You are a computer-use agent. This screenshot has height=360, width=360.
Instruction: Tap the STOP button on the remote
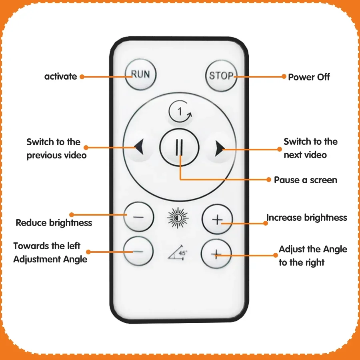pyautogui.click(x=221, y=76)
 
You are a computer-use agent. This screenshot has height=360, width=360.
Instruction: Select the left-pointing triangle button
pyautogui.click(x=139, y=146)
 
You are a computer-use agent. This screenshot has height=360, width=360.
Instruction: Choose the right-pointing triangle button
pyautogui.click(x=220, y=148)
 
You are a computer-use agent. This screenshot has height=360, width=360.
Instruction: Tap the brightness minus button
pyautogui.click(x=138, y=217)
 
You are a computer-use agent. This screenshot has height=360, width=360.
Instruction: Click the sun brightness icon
pyautogui.click(x=178, y=218)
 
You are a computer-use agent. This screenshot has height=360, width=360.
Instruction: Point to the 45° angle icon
pyautogui.click(x=178, y=252)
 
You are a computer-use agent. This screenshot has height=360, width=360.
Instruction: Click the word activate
pyautogui.click(x=61, y=76)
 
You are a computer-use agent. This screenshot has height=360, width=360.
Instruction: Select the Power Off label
pyautogui.click(x=309, y=77)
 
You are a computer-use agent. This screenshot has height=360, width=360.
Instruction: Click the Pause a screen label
pyautogui.click(x=306, y=180)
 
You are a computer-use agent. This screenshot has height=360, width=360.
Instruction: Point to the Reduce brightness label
pyautogui.click(x=54, y=223)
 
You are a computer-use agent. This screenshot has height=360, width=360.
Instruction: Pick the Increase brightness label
pyautogui.click(x=307, y=218)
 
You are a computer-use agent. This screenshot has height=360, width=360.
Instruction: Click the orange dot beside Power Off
pyautogui.click(x=284, y=76)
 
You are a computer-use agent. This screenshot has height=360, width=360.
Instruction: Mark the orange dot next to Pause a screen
pyautogui.click(x=269, y=180)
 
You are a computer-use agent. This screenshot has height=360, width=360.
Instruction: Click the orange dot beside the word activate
pyautogui.click(x=82, y=77)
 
